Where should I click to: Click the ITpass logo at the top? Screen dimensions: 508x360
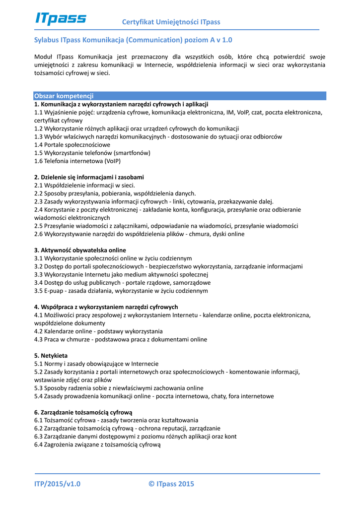point(61,18)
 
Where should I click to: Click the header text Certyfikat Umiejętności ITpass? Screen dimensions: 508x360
point(171,22)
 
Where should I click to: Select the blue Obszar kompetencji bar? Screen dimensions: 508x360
point(180,96)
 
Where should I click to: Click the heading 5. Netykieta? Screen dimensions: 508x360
point(51,356)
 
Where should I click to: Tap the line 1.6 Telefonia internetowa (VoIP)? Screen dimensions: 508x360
point(77,161)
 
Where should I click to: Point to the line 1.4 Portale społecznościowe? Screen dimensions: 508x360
point(72,144)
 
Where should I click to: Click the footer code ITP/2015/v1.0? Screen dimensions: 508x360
point(57,484)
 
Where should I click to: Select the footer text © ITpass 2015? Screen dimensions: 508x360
point(171,484)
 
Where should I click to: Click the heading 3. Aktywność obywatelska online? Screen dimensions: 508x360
point(80,250)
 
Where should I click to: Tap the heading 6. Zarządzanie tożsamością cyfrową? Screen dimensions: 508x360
point(83,412)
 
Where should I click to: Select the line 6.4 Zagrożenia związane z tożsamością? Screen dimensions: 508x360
point(97,444)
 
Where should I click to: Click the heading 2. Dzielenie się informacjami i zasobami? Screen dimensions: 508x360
point(89,177)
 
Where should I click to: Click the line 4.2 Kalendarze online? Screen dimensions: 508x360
point(98,331)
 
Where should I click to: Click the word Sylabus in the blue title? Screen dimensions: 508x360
point(47,40)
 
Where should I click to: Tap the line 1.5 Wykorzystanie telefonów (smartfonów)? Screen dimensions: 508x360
point(92,153)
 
